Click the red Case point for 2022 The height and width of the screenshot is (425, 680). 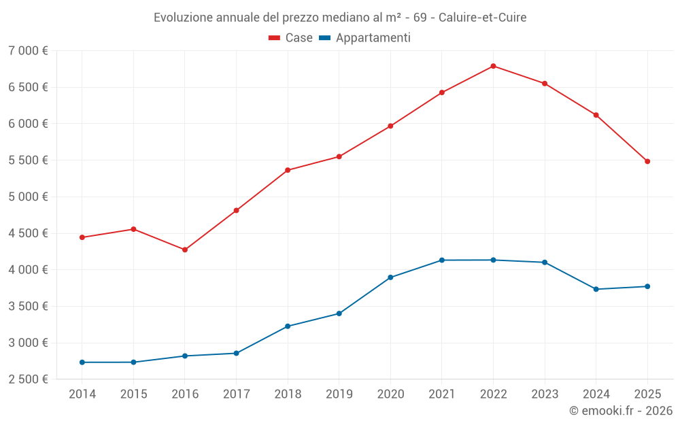(493, 66)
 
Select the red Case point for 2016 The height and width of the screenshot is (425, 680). (185, 250)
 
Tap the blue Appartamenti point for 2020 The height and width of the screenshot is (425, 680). (390, 277)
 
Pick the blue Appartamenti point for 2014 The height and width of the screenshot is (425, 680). (82, 362)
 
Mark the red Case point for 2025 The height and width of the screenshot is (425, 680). (647, 161)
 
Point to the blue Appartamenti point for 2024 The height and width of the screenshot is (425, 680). (596, 289)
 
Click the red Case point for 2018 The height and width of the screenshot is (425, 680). (288, 170)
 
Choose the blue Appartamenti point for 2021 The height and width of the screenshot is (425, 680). (442, 260)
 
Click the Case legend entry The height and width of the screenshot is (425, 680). (291, 38)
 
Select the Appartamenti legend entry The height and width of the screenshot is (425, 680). (365, 38)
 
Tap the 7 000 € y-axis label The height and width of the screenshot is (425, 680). (28, 51)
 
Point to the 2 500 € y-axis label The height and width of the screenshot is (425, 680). (28, 379)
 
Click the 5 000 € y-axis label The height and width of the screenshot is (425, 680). (28, 197)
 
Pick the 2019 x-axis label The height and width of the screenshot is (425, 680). (339, 394)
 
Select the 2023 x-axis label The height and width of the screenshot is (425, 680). (544, 394)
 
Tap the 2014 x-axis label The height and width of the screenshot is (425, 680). (82, 394)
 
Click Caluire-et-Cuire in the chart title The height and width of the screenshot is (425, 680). (482, 17)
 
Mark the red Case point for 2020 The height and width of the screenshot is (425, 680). (390, 126)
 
